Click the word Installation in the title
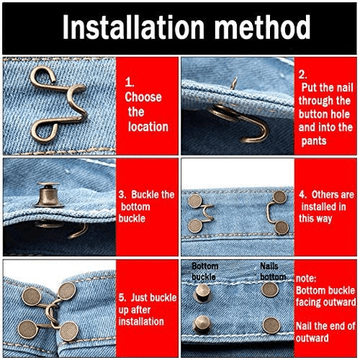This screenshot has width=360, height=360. (133, 27)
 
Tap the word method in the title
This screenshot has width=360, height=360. (262, 27)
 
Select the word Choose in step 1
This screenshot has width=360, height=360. (143, 97)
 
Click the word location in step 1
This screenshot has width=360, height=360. (148, 127)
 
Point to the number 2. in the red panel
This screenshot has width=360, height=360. (303, 75)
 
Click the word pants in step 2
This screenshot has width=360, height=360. (314, 141)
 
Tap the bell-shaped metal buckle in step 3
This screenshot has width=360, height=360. (49, 195)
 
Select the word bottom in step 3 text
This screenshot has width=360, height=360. (136, 207)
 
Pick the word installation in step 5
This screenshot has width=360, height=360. (141, 322)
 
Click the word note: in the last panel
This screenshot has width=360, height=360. (306, 278)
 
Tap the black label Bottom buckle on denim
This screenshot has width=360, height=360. (205, 271)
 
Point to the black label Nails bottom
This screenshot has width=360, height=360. (273, 271)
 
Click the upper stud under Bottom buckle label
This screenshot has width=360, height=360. (202, 292)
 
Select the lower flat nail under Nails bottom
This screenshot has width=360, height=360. (271, 325)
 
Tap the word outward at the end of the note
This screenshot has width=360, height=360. (312, 338)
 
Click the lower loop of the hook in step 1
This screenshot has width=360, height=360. (44, 130)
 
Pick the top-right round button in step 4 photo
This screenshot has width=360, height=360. (279, 196)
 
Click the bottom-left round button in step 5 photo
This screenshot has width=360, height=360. (28, 329)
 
